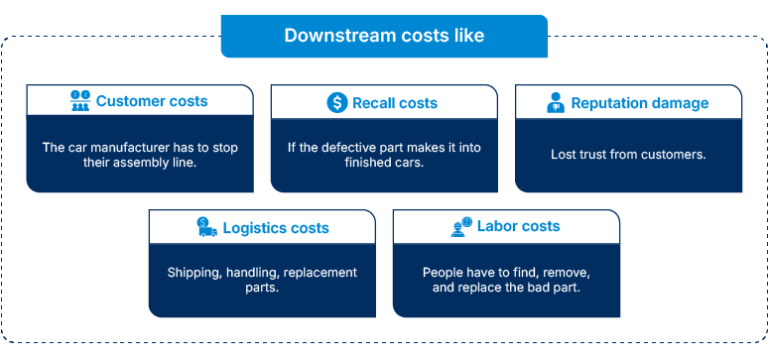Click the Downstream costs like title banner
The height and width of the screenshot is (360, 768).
point(384,36)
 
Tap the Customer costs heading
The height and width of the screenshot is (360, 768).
point(152,101)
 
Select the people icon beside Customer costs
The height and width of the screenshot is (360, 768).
point(79,101)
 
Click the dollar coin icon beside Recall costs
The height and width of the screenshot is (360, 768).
point(336,102)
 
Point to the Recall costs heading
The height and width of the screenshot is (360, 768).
point(394,103)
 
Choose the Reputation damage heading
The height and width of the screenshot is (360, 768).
point(640,103)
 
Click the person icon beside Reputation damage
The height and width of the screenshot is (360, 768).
point(556,103)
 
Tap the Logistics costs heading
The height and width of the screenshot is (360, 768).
point(275,227)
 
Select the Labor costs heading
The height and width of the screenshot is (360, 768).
point(518,226)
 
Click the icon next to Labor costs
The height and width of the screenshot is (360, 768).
point(461,226)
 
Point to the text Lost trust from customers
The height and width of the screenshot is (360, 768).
point(626,155)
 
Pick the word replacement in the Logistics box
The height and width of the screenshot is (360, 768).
point(320,272)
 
